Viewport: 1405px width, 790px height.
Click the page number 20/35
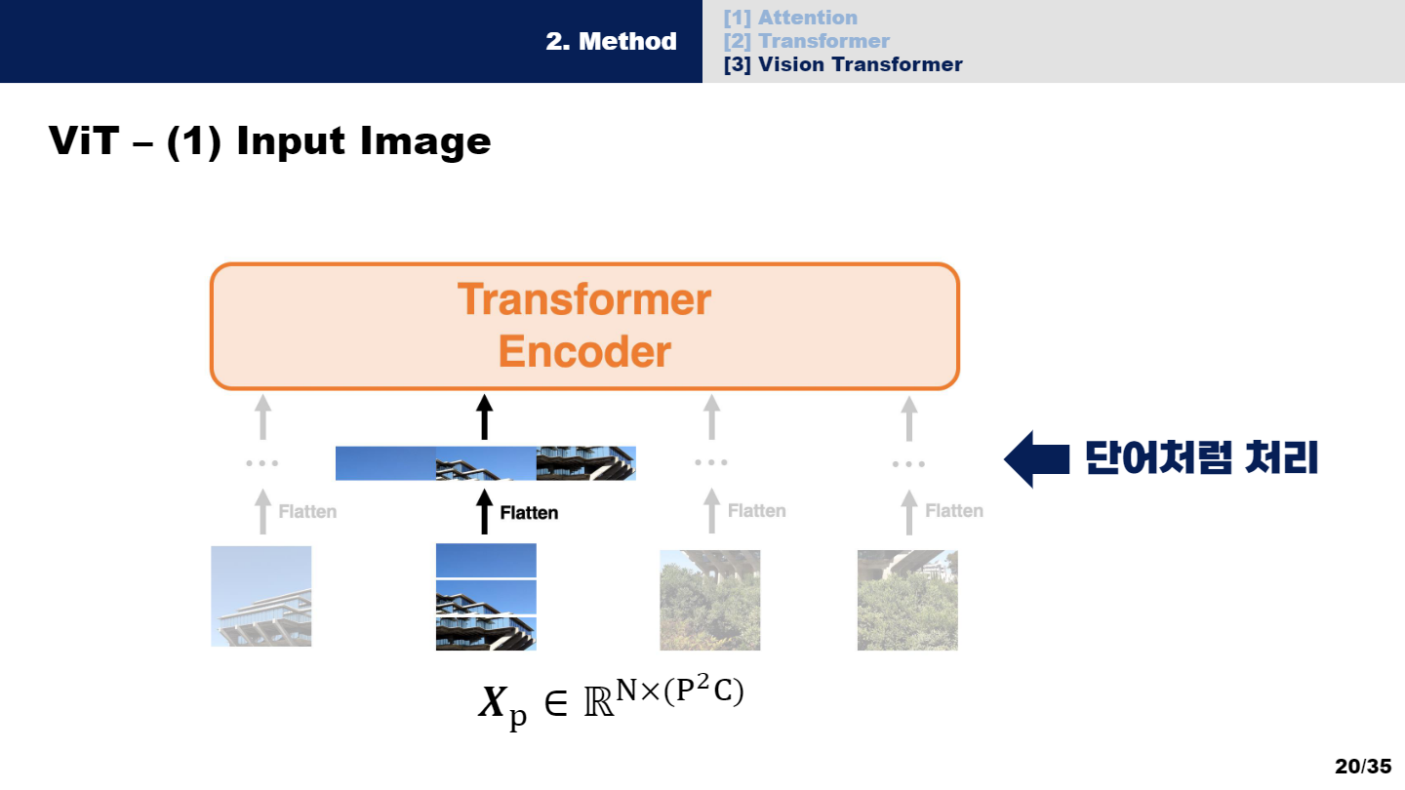1363,766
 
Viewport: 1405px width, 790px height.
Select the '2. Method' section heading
611,41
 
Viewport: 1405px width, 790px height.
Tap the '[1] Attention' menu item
790,18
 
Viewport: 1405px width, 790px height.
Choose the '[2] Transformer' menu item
806,41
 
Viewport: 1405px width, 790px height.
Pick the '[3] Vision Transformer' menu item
843,64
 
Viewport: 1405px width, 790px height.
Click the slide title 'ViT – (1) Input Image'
269,141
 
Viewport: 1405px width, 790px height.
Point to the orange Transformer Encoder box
584,326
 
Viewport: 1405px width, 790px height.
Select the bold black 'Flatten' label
529,512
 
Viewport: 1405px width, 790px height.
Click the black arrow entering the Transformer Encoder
485,417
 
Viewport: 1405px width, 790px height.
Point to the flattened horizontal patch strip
485,463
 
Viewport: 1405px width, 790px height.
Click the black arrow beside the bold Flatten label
485,512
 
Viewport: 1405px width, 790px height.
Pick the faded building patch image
261,596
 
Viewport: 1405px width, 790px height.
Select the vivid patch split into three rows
486,596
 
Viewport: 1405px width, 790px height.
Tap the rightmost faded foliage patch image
907,600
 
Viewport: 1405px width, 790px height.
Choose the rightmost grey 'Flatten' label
954,510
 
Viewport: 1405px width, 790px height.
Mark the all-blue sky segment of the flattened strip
385,463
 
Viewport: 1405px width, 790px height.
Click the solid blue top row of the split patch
486,560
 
